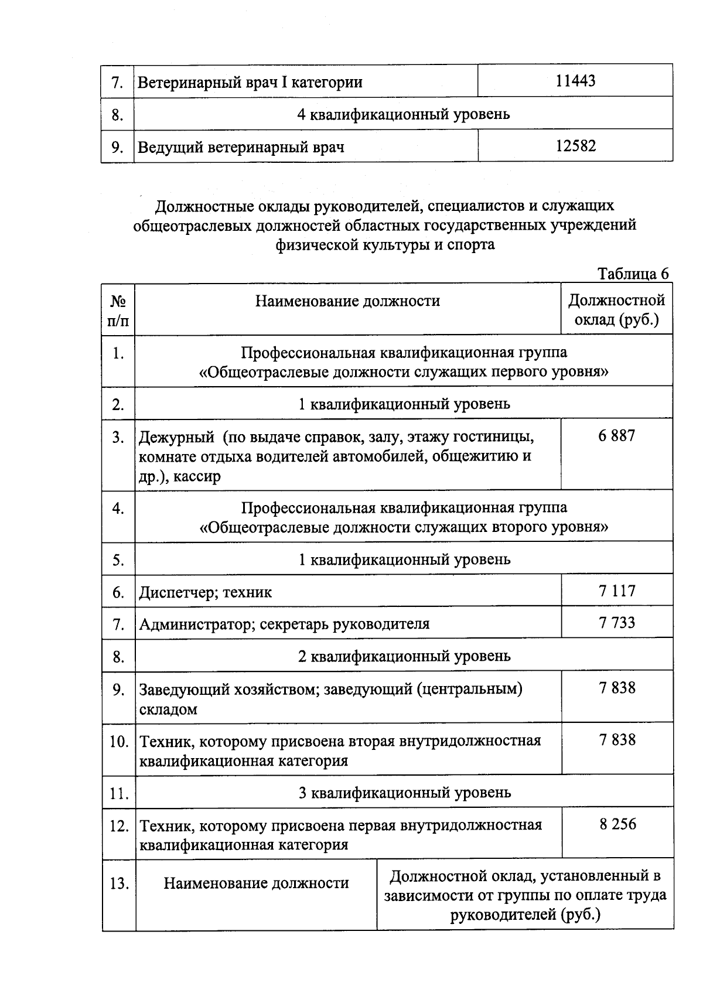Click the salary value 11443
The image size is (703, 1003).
575,81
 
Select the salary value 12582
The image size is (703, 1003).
575,146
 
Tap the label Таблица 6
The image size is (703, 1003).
633,274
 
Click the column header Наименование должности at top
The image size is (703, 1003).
347,301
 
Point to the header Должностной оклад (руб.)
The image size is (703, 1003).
617,310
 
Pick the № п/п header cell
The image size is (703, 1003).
118,310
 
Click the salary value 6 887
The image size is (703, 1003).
617,436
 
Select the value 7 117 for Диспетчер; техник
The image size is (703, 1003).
617,591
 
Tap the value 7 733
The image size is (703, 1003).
617,622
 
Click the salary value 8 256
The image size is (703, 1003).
617,824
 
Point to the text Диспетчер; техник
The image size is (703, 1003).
205,592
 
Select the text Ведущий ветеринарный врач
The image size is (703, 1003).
241,147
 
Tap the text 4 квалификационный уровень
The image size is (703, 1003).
403,114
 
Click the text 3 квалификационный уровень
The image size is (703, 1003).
404,793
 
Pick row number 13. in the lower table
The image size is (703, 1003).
119,883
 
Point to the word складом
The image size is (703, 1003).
168,709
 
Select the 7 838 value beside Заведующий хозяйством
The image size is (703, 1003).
617,688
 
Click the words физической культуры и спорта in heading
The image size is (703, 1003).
385,244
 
